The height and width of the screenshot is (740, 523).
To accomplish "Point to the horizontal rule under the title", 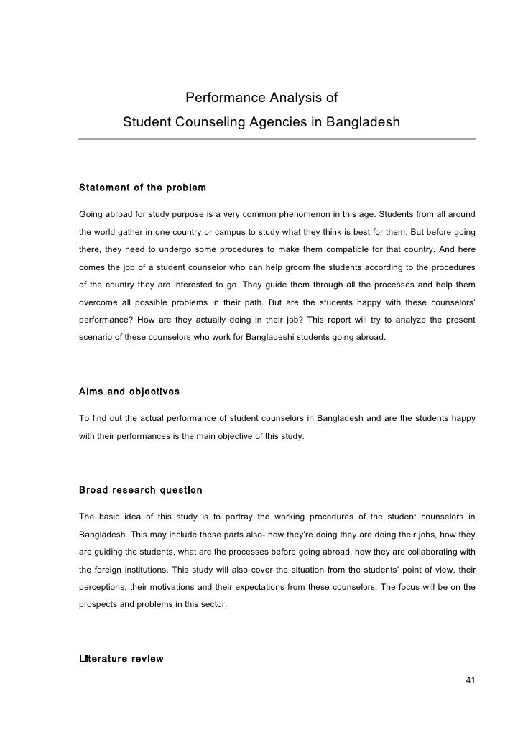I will click(x=277, y=139).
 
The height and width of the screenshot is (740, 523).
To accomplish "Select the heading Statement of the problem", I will click(x=142, y=188).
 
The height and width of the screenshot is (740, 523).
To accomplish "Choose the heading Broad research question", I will click(x=140, y=490).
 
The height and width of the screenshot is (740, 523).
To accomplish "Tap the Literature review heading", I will click(x=121, y=659).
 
